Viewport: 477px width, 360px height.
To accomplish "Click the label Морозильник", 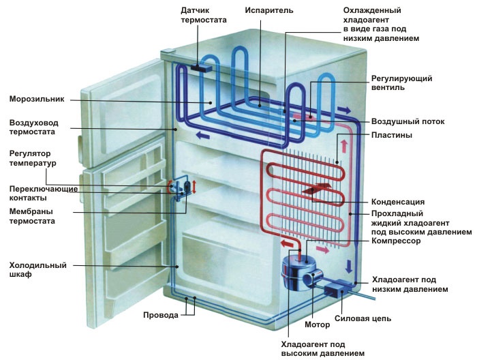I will (36, 99).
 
